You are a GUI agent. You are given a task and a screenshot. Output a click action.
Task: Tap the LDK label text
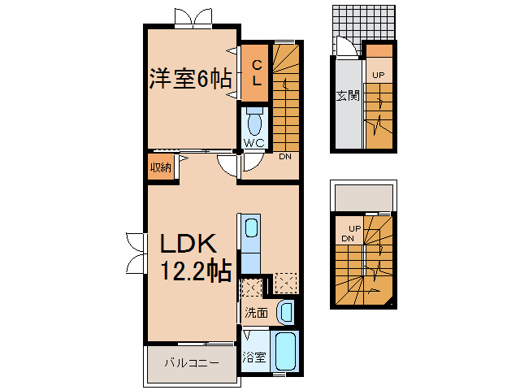coord(186,245)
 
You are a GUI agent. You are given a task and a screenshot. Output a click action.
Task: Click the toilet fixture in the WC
coord(254,123)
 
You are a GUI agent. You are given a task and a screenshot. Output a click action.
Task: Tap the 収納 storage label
coord(160,168)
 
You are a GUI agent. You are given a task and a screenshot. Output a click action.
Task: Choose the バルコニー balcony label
coord(192,363)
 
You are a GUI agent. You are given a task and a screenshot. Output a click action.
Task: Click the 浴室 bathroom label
coord(254,355)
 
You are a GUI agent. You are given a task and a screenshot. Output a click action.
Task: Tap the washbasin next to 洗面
coord(284,310)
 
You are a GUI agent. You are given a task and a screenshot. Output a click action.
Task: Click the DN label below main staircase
coord(285,157)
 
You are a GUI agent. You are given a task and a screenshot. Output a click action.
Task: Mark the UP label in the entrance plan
coord(378,76)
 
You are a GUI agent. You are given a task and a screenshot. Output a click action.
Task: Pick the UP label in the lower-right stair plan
coord(355,227)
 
